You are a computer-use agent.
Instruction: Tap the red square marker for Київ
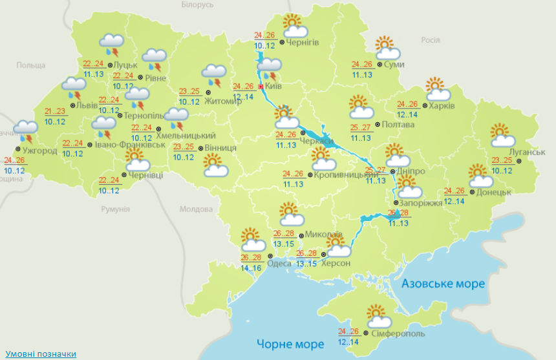click(261, 87)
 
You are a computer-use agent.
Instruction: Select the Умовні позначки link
click(41, 354)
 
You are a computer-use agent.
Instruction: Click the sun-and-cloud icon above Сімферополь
click(378, 316)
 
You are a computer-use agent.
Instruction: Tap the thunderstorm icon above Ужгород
click(27, 131)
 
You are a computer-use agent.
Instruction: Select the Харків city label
click(442, 105)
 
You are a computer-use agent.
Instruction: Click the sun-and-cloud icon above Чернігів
click(294, 26)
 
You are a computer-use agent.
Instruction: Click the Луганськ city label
click(527, 152)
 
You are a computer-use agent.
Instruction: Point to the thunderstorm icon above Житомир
click(213, 75)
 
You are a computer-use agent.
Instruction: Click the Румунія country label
click(116, 209)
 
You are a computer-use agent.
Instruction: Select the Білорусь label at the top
click(197, 5)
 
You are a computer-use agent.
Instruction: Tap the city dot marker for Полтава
click(378, 125)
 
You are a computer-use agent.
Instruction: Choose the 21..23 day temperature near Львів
click(56, 111)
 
